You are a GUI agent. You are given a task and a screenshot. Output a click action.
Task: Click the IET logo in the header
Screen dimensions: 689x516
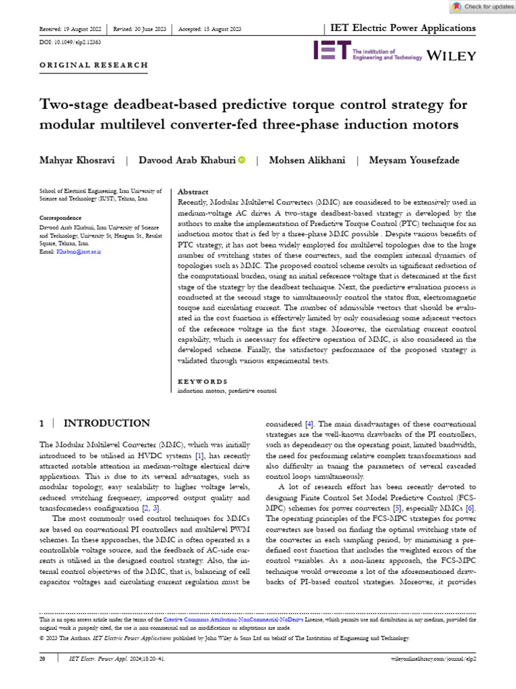pyautogui.click(x=332, y=50)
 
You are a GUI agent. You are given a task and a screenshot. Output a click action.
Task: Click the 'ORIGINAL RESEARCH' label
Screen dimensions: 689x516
pyautogui.click(x=94, y=65)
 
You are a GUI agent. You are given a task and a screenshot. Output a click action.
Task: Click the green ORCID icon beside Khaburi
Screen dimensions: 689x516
pyautogui.click(x=241, y=159)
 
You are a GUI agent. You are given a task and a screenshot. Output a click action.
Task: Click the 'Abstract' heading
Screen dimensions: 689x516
pyautogui.click(x=193, y=192)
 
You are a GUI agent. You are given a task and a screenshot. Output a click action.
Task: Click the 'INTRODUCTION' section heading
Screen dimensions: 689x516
pyautogui.click(x=106, y=423)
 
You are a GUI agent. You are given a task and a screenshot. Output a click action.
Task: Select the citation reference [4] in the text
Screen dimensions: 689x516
pyautogui.click(x=309, y=425)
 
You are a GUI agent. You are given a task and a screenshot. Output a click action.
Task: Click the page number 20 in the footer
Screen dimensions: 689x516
pyautogui.click(x=42, y=659)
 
